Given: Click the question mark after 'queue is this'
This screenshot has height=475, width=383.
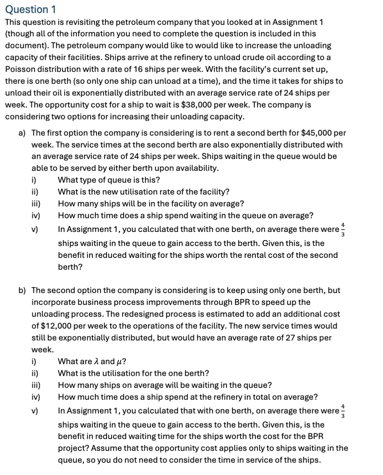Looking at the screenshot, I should tap(158, 180).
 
